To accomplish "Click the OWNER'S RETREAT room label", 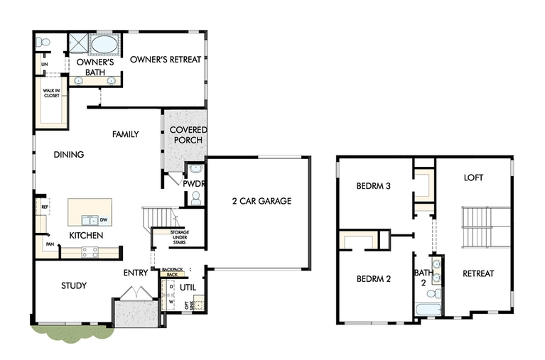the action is tap(166, 60).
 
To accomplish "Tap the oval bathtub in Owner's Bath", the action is tap(105, 44).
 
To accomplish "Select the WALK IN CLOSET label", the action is tap(51, 93).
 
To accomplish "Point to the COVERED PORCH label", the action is tap(188, 135).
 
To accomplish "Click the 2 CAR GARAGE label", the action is tap(261, 201).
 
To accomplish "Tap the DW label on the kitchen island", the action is tap(104, 219).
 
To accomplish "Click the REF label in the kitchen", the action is tap(45, 207).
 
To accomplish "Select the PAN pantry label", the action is tap(50, 244).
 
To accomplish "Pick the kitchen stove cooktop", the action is tap(90, 252).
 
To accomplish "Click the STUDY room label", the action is tap(74, 285).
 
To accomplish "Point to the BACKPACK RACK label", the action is tap(173, 272).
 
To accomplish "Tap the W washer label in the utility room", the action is tap(171, 302).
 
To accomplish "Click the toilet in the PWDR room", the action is tap(196, 198).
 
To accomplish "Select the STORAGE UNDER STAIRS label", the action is tap(179, 237).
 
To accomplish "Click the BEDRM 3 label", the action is tap(373, 186).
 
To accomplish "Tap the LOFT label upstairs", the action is tap(473, 178).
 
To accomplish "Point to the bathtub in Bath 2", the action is tap(428, 310).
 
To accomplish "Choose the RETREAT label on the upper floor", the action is tap(478, 273).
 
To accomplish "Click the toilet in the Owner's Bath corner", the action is tap(43, 43).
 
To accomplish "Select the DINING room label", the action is tap(69, 154).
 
